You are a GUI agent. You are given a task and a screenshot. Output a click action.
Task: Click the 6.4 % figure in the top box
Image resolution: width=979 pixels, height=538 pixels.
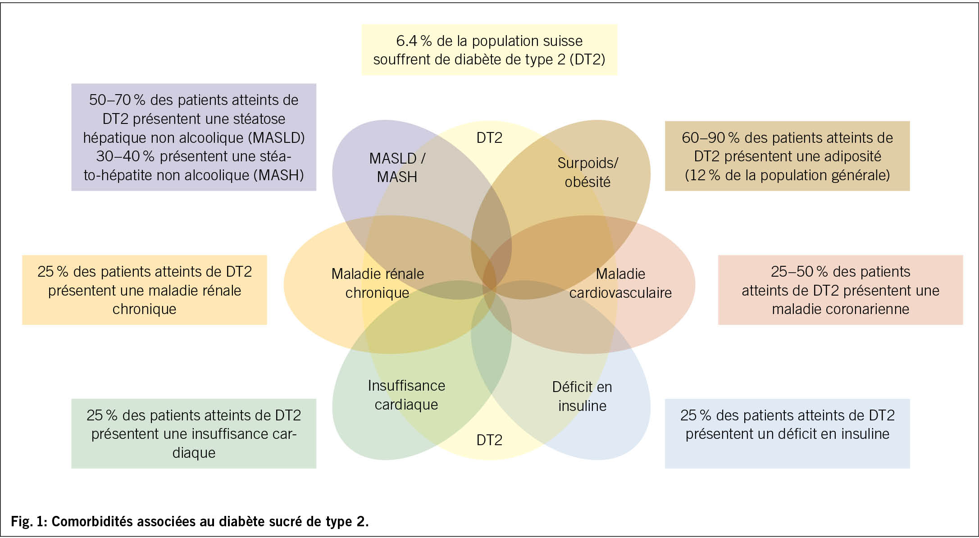pos(414,41)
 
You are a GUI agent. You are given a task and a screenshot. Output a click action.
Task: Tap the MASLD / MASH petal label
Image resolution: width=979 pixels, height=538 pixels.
pos(397,168)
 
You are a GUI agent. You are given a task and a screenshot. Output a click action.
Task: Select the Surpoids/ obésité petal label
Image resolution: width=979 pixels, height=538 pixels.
pos(587,172)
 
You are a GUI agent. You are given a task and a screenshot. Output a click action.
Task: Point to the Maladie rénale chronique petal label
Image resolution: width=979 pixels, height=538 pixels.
pos(378,283)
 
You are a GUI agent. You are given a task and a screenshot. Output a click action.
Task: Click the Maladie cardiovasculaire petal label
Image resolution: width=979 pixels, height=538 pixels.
pos(620,283)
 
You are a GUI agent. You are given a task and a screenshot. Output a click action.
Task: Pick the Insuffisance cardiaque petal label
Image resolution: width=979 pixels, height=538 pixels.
pos(406,395)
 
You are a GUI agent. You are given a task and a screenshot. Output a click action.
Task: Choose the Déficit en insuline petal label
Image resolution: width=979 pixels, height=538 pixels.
pos(582,396)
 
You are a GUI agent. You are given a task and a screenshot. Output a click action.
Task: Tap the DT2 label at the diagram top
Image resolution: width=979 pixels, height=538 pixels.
pos(489,137)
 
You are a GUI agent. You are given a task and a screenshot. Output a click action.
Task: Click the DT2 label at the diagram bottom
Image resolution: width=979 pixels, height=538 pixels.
pos(489,440)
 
